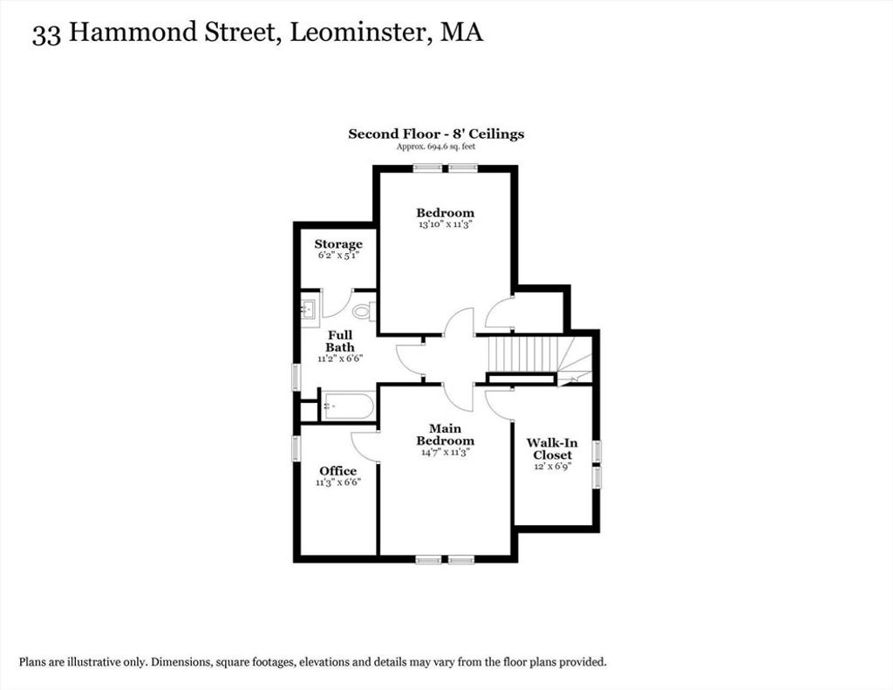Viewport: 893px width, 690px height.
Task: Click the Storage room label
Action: tap(338, 244)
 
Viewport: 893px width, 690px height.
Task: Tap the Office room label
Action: tap(337, 471)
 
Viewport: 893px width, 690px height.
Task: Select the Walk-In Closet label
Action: tap(552, 448)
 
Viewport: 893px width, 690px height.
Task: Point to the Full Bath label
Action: tap(340, 341)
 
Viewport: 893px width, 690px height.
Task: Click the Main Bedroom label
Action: tap(445, 434)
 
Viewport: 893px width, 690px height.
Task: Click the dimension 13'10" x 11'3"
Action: tap(446, 224)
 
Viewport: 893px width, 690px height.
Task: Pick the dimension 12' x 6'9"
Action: tap(552, 466)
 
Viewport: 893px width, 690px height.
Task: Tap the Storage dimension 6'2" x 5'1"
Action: tap(338, 256)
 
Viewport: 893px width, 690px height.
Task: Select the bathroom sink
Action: tap(310, 311)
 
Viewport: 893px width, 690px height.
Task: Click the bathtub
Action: tap(347, 406)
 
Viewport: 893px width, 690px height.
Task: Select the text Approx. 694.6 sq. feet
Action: tap(436, 147)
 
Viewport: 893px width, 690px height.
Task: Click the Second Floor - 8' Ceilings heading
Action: tap(436, 133)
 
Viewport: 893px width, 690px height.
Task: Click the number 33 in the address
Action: tap(47, 34)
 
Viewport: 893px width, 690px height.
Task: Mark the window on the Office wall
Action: tap(296, 447)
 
